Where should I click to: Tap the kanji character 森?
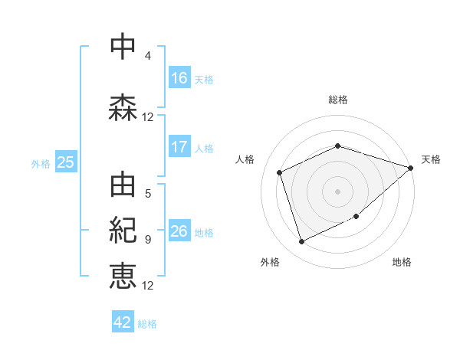[x=123, y=107]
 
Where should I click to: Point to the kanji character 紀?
[x=123, y=231]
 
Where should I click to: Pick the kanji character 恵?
[x=123, y=276]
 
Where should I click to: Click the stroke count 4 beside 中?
[x=148, y=56]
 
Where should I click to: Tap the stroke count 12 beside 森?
[x=148, y=117]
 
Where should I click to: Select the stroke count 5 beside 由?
[x=148, y=194]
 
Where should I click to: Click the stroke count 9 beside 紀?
[x=148, y=240]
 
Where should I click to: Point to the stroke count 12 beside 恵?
[x=148, y=286]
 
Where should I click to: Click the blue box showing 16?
[x=179, y=78]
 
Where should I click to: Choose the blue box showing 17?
[x=179, y=147]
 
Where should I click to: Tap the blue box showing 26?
[x=179, y=231]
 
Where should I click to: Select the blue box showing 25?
[x=65, y=162]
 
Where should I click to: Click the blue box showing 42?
[x=123, y=322]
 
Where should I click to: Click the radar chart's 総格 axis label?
[x=338, y=100]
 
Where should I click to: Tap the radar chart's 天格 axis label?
[x=431, y=159]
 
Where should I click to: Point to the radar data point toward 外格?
[x=301, y=242]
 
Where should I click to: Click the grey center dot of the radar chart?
[x=337, y=191]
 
